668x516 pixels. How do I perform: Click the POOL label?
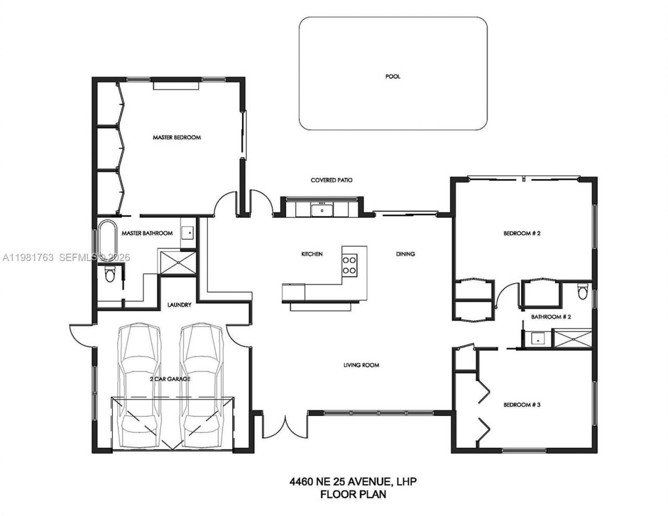coord(392,77)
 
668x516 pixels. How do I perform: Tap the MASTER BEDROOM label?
coord(176,138)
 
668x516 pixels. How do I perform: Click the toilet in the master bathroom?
coord(110,274)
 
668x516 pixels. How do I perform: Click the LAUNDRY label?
coord(179,305)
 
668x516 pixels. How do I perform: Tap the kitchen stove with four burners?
coord(349,265)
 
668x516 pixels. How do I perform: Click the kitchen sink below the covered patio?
coord(322,210)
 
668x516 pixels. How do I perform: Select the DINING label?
coord(405,254)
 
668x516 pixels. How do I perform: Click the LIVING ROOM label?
coord(361,365)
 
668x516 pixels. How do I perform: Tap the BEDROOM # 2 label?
coord(521,234)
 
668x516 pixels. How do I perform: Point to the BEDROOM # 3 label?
coord(521,405)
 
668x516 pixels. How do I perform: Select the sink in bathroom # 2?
coord(536,339)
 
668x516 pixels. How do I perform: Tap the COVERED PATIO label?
coord(331,181)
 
